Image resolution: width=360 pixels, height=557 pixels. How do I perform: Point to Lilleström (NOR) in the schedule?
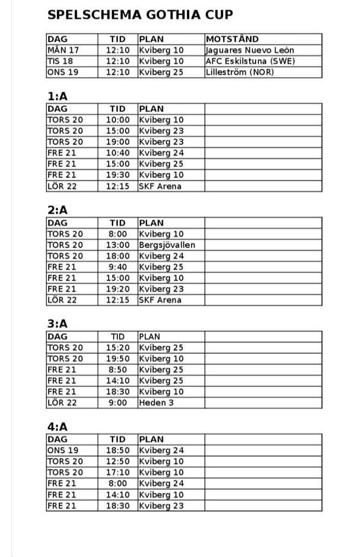point(239,72)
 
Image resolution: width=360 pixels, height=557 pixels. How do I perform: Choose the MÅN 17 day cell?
point(63,50)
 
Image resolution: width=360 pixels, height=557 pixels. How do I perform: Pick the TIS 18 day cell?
point(61,61)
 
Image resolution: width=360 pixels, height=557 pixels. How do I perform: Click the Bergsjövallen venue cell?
point(167,245)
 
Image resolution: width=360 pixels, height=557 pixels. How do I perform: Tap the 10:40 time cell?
point(118,153)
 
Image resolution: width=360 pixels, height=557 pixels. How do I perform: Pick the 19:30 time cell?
point(118,175)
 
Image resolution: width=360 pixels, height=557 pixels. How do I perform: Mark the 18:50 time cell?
point(118,450)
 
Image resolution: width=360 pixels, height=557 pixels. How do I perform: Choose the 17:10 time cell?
point(118,472)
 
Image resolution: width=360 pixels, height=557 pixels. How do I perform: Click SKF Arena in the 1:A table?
point(160,186)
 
